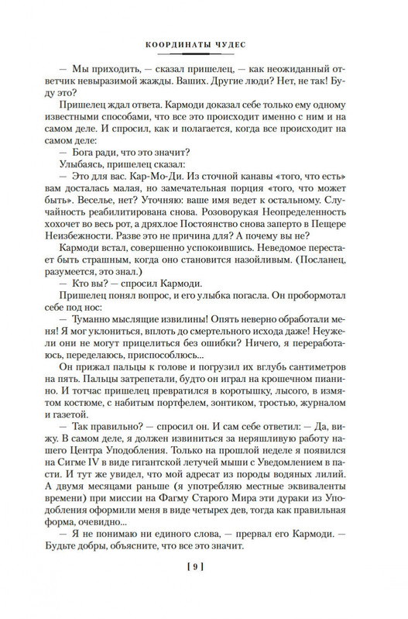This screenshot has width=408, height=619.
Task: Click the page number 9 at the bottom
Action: (204, 586)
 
